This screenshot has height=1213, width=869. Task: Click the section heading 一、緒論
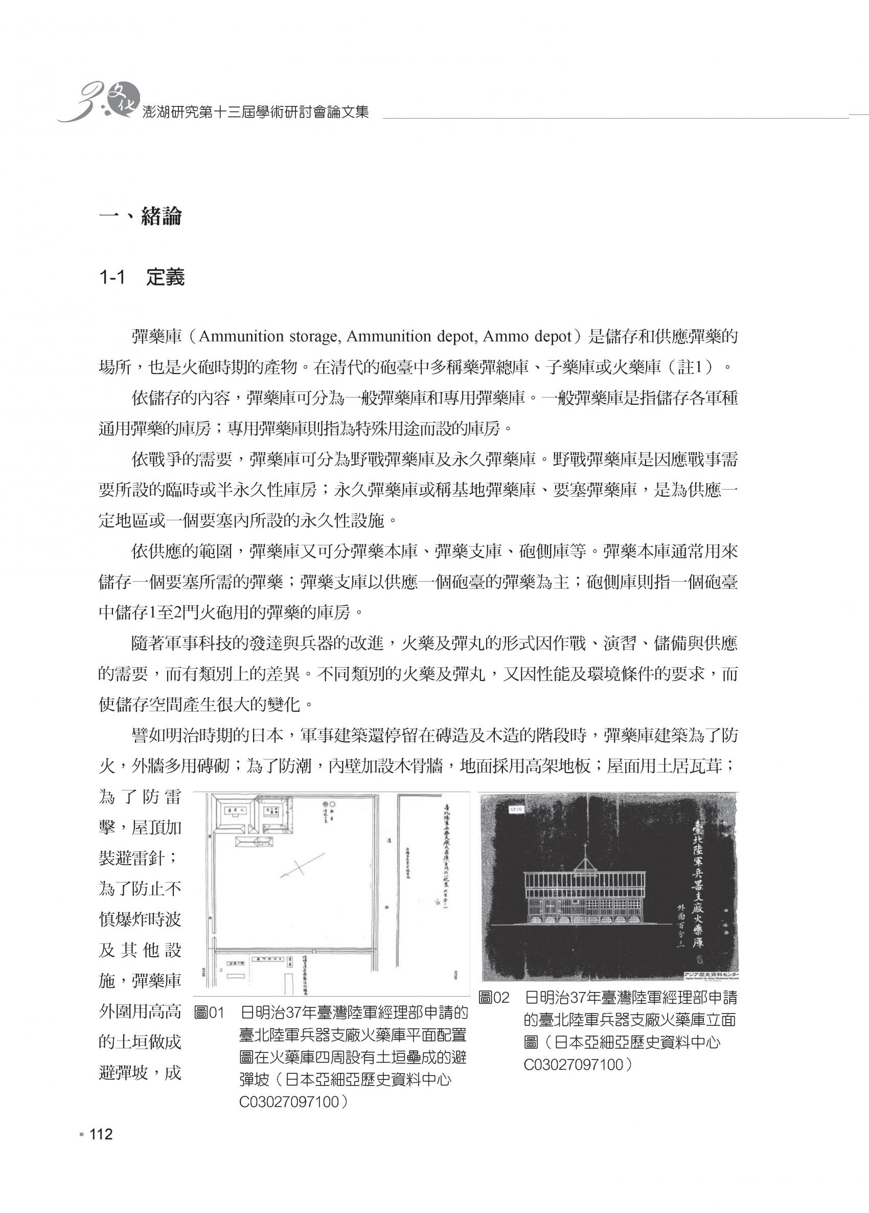(141, 216)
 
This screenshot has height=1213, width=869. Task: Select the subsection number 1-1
(112, 278)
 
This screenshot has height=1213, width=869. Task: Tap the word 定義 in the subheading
(165, 278)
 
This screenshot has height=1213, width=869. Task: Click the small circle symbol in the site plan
(332, 804)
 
